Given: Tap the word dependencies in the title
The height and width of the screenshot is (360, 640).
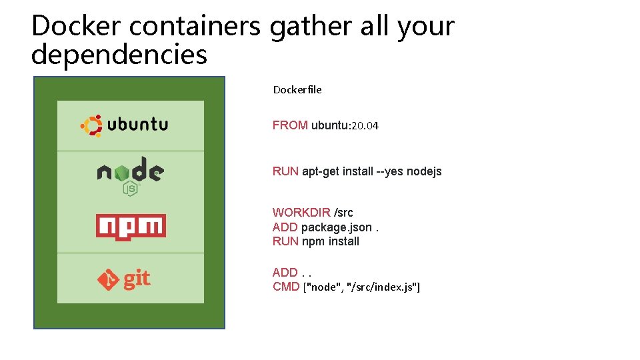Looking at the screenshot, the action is [x=119, y=55].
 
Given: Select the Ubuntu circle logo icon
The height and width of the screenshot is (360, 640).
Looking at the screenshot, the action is [x=91, y=125].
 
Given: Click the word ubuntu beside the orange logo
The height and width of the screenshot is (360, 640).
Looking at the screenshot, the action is [x=137, y=124].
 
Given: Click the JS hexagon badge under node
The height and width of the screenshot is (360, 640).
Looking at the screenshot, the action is [x=131, y=189].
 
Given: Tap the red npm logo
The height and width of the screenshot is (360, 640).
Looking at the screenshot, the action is [x=131, y=227].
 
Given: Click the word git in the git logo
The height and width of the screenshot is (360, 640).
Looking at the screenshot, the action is [x=137, y=278].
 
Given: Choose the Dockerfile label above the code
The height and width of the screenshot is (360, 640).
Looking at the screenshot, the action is [x=297, y=89].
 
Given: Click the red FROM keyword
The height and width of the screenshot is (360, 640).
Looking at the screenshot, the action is [x=290, y=125].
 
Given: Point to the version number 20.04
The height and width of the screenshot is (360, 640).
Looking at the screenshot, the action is [x=364, y=125].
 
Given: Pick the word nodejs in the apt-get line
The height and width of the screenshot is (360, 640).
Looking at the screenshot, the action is [x=424, y=171].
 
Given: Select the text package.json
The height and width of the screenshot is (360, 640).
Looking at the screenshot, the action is [x=336, y=227].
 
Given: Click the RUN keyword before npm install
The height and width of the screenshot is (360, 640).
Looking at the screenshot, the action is [x=285, y=241].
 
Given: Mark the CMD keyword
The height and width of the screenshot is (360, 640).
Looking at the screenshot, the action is [x=286, y=287].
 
